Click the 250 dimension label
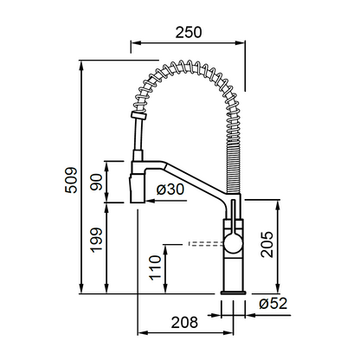tap(189, 32)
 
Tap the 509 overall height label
tap(71, 180)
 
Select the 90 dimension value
tap(96, 182)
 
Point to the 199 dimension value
tap(96, 240)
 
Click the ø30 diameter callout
tap(170, 190)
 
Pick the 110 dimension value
tap(155, 267)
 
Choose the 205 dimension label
tap(267, 244)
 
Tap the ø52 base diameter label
tap(273, 304)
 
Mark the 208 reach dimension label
tap(184, 322)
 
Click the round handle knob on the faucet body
tap(233, 244)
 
